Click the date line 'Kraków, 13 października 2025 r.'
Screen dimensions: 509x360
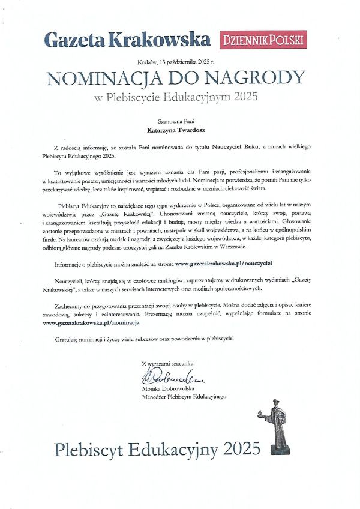pyautogui.click(x=179, y=62)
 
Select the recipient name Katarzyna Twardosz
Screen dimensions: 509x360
pyautogui.click(x=179, y=128)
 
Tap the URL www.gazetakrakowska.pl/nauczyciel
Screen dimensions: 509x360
pyautogui.click(x=224, y=264)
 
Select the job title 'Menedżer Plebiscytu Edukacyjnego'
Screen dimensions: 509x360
pyautogui.click(x=184, y=397)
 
